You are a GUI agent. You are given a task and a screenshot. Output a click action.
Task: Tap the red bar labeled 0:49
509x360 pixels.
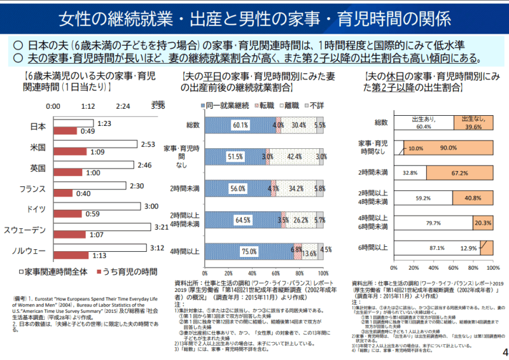click(x=66, y=131)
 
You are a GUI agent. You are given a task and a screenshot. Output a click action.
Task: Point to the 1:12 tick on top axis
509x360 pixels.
click(x=88, y=106)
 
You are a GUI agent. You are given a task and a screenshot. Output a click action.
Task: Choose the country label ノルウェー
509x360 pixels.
click(x=29, y=250)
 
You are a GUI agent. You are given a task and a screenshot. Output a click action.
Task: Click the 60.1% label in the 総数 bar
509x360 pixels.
click(x=241, y=126)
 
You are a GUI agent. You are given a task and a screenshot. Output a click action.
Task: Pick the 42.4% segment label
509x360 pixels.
click(x=295, y=156)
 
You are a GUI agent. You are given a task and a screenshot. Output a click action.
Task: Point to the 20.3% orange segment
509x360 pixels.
click(x=482, y=223)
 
